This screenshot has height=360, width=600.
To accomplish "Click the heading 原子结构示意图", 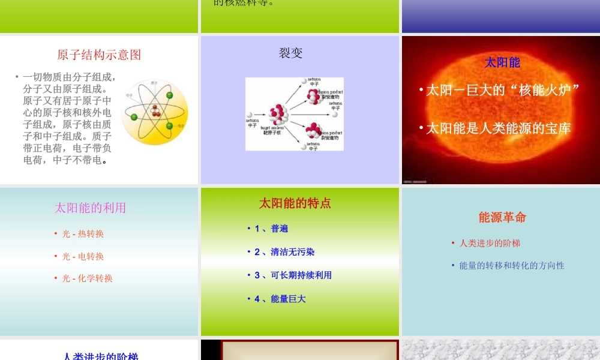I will (99, 55).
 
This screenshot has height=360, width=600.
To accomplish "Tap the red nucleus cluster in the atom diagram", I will (155, 110).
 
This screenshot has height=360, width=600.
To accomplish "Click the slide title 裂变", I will (291, 53).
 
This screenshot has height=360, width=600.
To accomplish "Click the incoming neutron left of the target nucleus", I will (250, 113).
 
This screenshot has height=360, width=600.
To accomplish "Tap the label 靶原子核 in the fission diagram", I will (271, 132).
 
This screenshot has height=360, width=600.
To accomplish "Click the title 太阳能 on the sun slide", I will (502, 62).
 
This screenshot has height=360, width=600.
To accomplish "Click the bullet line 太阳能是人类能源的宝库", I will (498, 128).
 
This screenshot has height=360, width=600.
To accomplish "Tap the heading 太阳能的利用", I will (91, 208).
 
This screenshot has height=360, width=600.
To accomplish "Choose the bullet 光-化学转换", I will (87, 278).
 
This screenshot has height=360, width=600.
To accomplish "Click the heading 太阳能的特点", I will (295, 203).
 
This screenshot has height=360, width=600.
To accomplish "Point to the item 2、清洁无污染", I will (284, 252).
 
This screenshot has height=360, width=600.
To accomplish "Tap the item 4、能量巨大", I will (280, 298).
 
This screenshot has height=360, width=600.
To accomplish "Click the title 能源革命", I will (502, 217).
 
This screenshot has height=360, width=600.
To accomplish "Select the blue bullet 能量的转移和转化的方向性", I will (511, 265).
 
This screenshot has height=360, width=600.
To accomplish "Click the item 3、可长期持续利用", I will (293, 275).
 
